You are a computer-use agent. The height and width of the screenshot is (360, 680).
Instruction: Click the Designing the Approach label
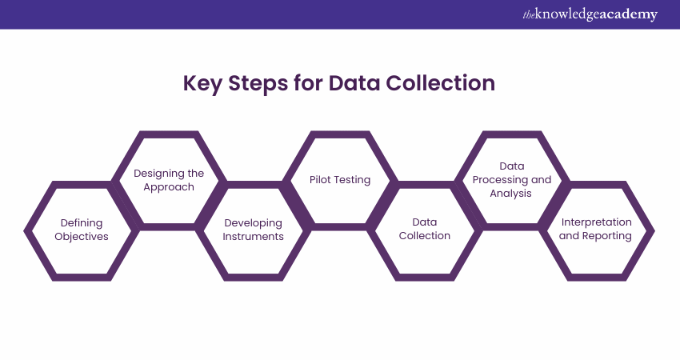pyautogui.click(x=169, y=180)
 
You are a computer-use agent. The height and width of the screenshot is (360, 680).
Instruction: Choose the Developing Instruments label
pyautogui.click(x=254, y=230)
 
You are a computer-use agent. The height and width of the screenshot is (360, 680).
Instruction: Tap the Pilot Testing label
pyautogui.click(x=340, y=180)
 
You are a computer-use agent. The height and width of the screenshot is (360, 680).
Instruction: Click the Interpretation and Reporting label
pyautogui.click(x=596, y=229)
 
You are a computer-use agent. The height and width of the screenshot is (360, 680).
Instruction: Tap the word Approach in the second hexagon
pyautogui.click(x=169, y=187)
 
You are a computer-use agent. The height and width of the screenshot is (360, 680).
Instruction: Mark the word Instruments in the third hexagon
pyautogui.click(x=254, y=237)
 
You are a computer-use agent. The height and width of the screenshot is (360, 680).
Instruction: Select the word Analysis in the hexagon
pyautogui.click(x=511, y=194)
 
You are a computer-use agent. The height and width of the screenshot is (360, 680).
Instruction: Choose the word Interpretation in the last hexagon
pyautogui.click(x=596, y=222)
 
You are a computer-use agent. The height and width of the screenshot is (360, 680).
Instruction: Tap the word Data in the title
pyautogui.click(x=354, y=83)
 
